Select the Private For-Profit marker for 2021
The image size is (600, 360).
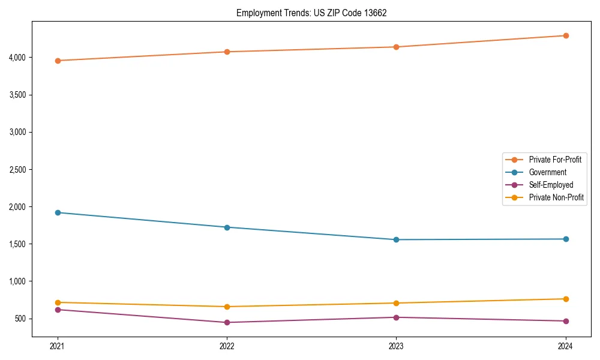pos(58,61)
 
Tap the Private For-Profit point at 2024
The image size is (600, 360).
pos(565,35)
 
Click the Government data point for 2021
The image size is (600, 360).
pos(58,212)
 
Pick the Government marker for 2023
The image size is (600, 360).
pos(396,239)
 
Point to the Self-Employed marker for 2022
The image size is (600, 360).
pos(227,322)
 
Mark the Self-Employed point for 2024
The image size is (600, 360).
pos(565,321)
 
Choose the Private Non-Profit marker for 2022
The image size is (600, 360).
pos(227,307)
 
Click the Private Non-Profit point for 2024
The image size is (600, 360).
pos(565,299)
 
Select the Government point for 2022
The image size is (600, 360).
pos(227,227)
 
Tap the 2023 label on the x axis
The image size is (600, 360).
pos(396,346)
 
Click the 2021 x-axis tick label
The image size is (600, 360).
pos(58,346)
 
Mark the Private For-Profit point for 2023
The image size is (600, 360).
pos(396,47)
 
